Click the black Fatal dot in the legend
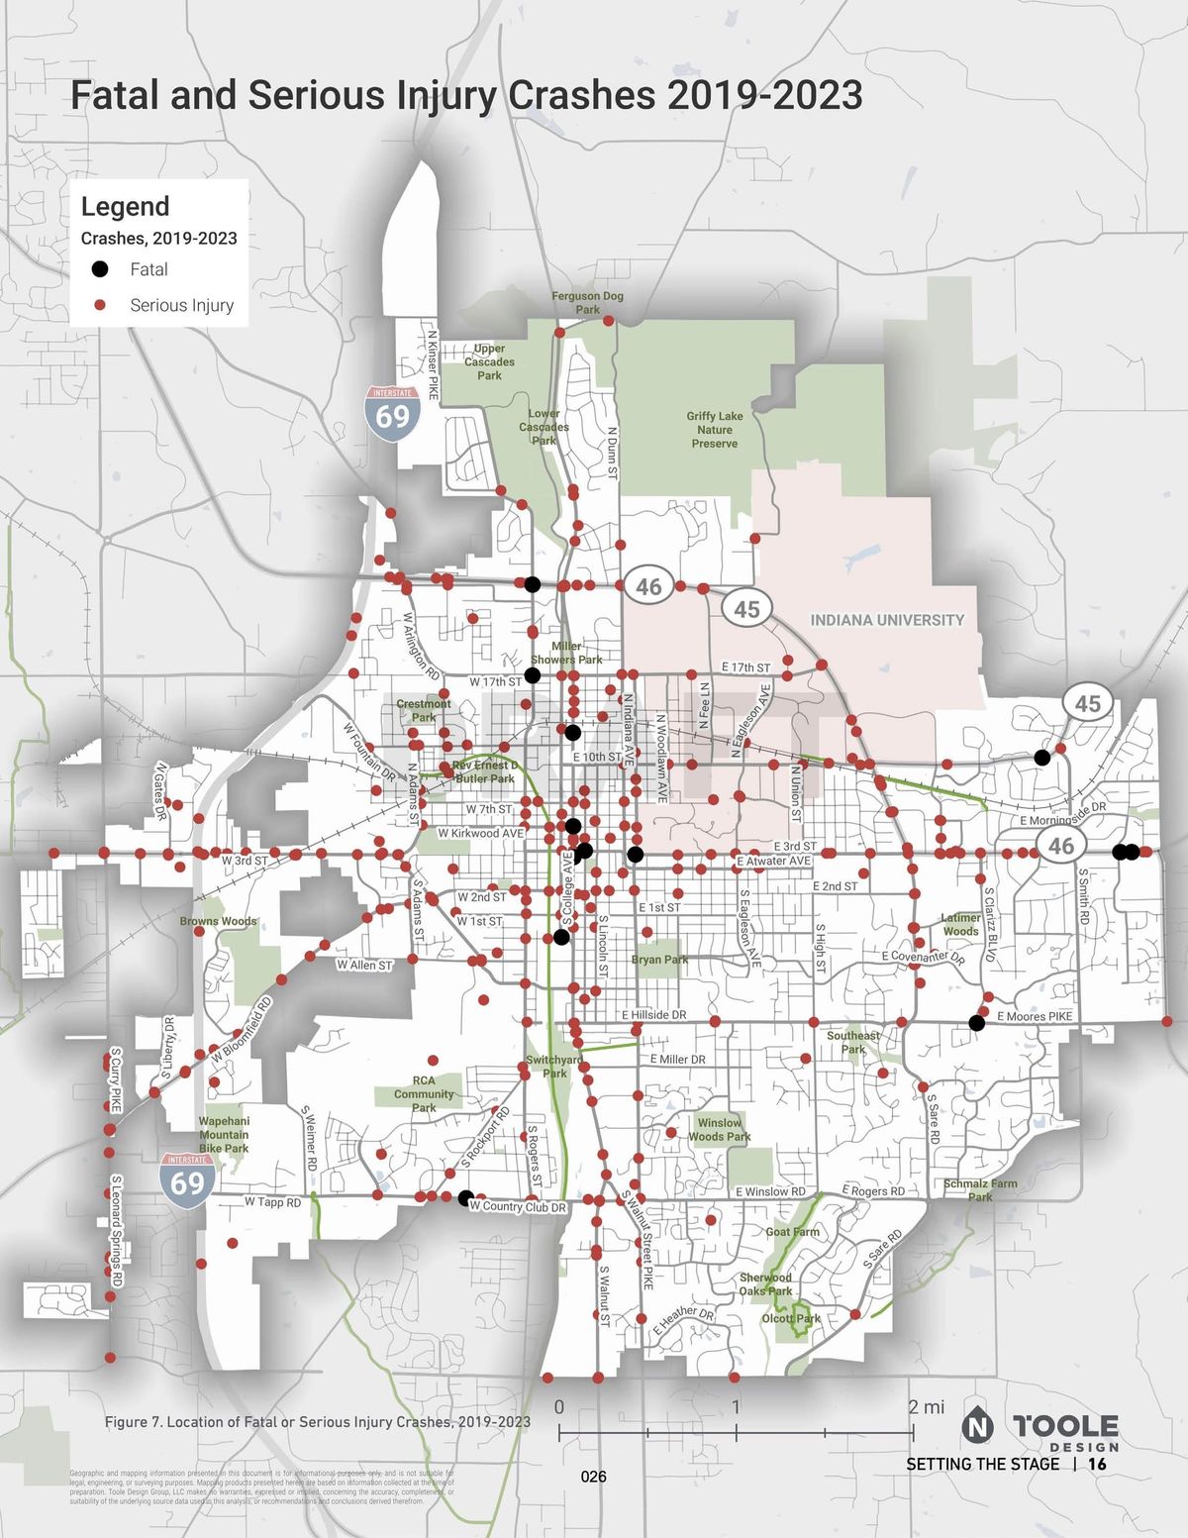click(x=99, y=269)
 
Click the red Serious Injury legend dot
click(x=99, y=305)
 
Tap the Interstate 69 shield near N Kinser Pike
click(x=392, y=413)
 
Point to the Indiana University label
click(x=887, y=620)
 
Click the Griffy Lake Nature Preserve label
click(x=715, y=430)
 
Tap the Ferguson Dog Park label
click(x=587, y=302)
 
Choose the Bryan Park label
click(x=659, y=960)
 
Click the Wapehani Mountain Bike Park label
click(x=224, y=1135)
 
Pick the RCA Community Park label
click(x=424, y=1094)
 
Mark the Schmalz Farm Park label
click(x=980, y=1189)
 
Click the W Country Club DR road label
click(x=518, y=1207)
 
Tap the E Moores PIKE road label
click(x=1035, y=1016)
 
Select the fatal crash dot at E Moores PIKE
click(x=977, y=1023)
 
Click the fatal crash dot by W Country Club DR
click(x=465, y=1197)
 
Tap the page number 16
click(x=1097, y=1464)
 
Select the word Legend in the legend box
click(x=125, y=206)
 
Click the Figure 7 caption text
click(x=317, y=1422)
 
